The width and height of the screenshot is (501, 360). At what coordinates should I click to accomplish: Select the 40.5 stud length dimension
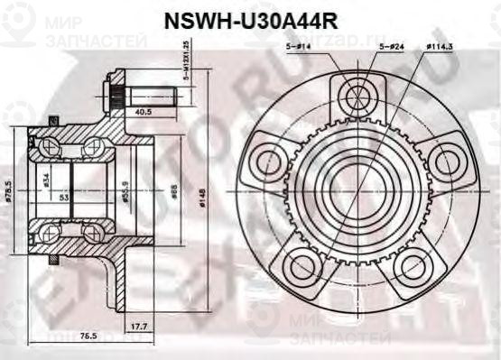click(142, 113)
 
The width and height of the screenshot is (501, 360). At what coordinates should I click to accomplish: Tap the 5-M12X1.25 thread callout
click(187, 78)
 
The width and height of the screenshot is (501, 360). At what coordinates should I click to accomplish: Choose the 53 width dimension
click(62, 196)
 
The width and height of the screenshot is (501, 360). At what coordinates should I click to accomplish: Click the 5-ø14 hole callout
click(300, 47)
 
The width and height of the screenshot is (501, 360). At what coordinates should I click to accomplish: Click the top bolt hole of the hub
click(358, 96)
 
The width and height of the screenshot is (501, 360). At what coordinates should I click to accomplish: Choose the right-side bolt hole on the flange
click(444, 161)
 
